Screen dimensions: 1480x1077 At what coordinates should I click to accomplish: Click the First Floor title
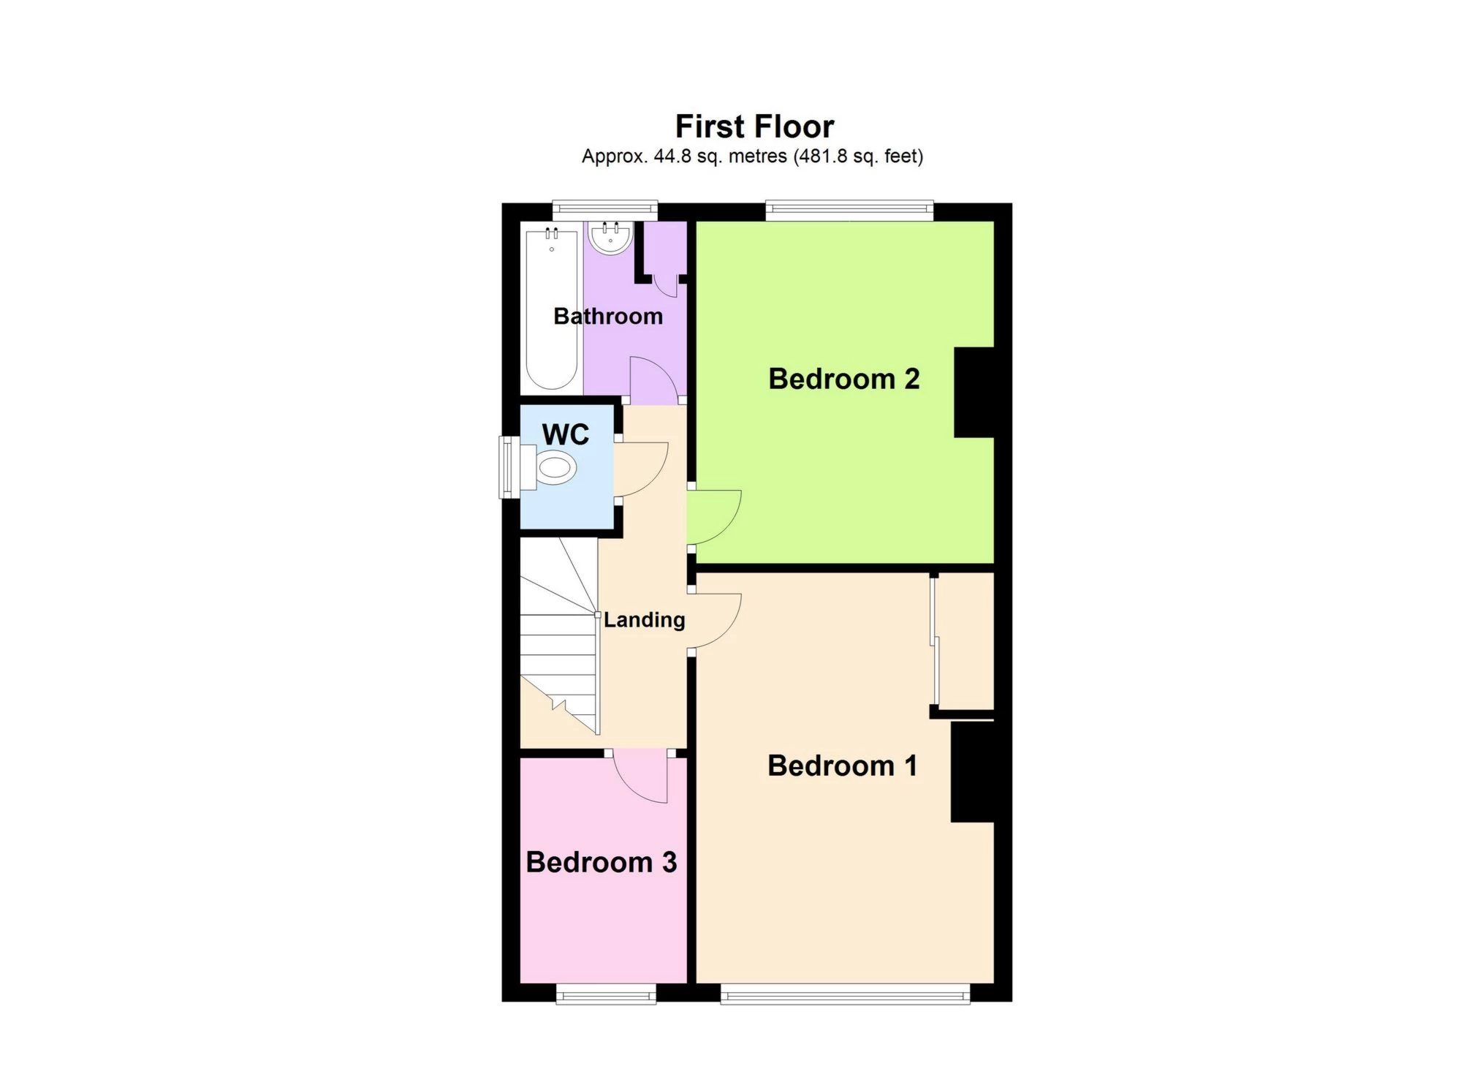point(754,126)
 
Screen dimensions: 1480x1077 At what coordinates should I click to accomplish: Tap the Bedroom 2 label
point(843,379)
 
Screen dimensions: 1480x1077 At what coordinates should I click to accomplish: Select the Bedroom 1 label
point(842,766)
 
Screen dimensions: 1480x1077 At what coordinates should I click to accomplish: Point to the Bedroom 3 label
point(601,862)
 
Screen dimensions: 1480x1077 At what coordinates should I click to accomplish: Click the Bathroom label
point(607,316)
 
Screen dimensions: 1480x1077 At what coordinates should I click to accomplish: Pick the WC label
point(565,434)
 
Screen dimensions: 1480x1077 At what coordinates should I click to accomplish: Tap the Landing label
point(644,620)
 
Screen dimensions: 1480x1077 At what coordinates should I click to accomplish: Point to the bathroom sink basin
point(610,238)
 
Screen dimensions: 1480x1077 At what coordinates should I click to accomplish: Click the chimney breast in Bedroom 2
point(974,393)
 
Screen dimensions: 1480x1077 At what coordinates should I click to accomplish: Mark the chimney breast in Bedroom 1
point(972,772)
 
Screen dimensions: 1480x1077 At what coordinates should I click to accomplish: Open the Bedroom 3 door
point(640,776)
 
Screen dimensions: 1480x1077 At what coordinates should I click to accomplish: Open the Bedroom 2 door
point(715,516)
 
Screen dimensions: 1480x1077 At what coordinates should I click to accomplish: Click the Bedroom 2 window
point(849,211)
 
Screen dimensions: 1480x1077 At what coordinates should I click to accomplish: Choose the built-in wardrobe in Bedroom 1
point(963,640)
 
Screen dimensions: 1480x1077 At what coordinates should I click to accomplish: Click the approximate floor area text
point(752,156)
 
